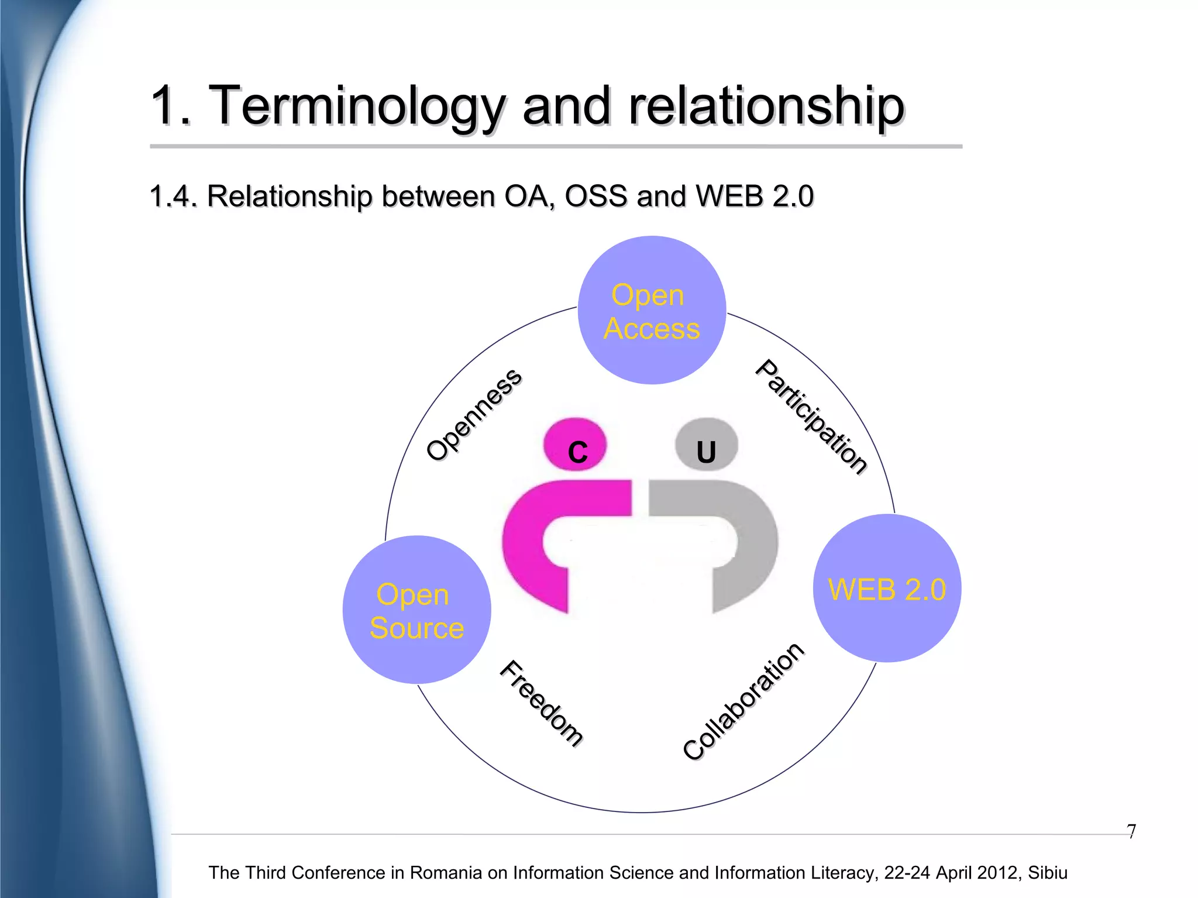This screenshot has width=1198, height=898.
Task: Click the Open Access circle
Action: point(652,311)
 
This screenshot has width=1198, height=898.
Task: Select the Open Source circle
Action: point(416,610)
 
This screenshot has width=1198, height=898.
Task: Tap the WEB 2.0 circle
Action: point(887,589)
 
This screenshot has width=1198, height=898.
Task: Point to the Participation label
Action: point(811,416)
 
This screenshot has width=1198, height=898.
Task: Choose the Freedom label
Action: point(542,703)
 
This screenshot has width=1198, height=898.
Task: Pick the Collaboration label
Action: point(743,700)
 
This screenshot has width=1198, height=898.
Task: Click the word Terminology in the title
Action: point(357,106)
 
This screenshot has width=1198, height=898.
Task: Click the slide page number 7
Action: point(1131,831)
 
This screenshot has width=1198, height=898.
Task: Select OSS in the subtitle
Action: point(595,196)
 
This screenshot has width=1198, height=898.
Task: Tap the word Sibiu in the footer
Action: point(1048,873)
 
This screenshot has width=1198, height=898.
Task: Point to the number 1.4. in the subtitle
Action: point(173,196)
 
